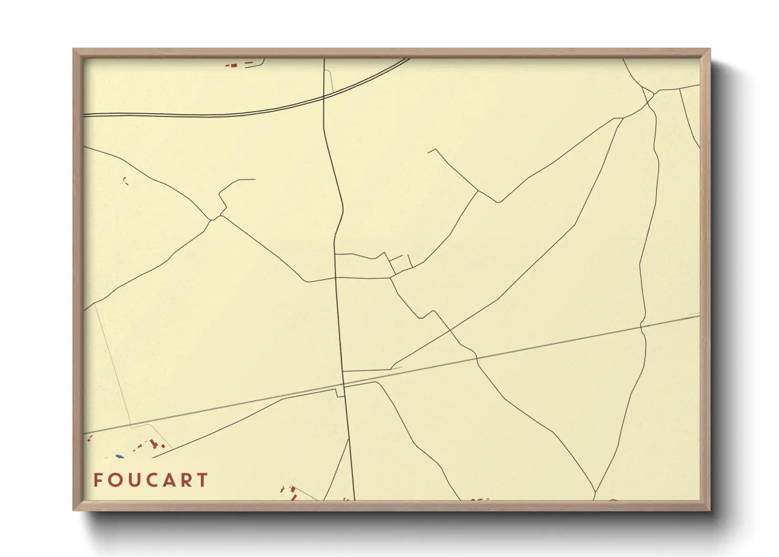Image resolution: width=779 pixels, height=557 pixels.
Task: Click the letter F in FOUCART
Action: click(97, 480)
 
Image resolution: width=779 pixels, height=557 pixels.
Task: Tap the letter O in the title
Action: click(113, 480)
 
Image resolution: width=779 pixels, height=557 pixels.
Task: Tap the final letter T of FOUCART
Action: click(202, 480)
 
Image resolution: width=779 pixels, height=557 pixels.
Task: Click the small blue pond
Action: click(119, 456)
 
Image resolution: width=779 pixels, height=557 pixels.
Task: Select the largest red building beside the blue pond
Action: click(154, 443)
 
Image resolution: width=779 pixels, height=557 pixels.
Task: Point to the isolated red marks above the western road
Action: click(125, 181)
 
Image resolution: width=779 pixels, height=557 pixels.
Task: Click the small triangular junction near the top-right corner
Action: click(648, 95)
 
